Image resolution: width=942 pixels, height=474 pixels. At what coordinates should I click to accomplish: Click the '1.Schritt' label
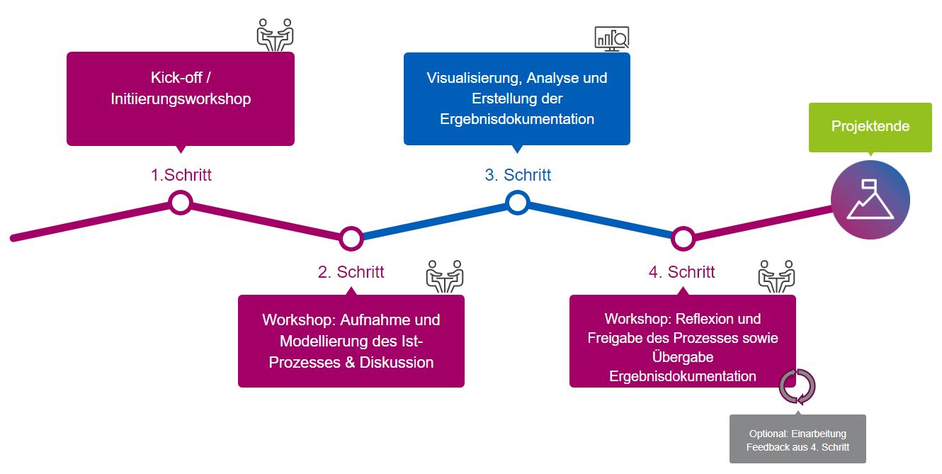tap(181, 175)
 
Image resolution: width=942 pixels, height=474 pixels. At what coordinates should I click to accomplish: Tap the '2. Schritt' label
tap(351, 272)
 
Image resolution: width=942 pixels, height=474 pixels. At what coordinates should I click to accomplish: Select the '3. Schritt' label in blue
tap(518, 175)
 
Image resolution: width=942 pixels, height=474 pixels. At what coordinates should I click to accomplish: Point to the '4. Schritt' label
tap(681, 272)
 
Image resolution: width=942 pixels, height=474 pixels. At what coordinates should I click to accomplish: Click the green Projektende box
tap(870, 127)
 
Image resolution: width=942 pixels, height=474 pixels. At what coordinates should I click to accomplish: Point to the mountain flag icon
tap(870, 200)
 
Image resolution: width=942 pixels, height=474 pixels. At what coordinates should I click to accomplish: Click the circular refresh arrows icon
tap(798, 387)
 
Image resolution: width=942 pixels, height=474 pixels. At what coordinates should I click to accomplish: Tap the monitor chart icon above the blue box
tap(612, 39)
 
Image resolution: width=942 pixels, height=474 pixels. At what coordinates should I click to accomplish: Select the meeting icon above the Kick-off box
tap(275, 35)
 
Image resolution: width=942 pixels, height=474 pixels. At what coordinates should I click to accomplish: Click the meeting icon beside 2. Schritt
tap(445, 276)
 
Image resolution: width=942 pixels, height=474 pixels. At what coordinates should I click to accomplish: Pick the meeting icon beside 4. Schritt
tap(776, 276)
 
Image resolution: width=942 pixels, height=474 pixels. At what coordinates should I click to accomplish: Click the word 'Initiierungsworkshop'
tap(181, 98)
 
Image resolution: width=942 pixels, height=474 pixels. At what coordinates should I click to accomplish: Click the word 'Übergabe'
tap(683, 357)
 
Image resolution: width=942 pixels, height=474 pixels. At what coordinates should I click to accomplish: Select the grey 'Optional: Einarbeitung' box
tap(798, 439)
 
